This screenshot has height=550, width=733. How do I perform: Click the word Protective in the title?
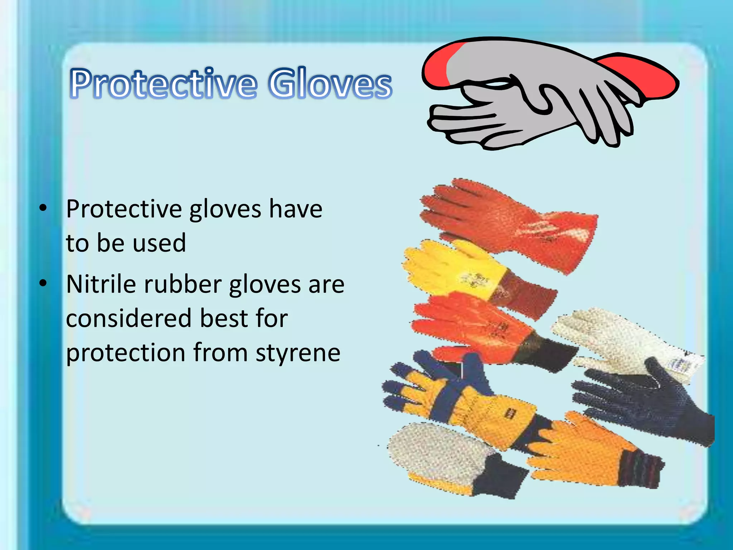pyautogui.click(x=163, y=83)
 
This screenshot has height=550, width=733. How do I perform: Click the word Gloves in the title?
pyautogui.click(x=330, y=83)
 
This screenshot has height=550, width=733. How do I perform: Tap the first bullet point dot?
pyautogui.click(x=43, y=208)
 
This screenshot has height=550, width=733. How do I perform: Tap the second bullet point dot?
pyautogui.click(x=43, y=283)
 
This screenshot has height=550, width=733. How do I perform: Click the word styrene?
pyautogui.click(x=298, y=353)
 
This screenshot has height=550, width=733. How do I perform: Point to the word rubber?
pyautogui.click(x=183, y=284)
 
